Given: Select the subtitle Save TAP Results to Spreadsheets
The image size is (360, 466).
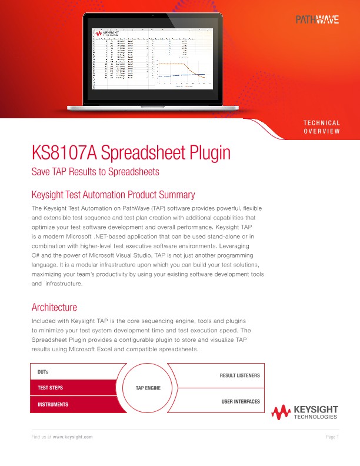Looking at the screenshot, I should pos(95,172).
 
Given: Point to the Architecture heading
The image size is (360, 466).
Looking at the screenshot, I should pos(54,307).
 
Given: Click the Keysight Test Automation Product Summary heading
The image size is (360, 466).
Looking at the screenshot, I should pos(112,195).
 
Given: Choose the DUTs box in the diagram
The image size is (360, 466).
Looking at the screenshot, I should pos(74,372).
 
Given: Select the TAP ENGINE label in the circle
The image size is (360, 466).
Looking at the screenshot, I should pos(148,388).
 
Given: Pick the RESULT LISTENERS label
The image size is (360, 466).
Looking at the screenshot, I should pos(239,375).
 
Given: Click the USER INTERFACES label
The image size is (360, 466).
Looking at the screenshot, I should pos(240,401).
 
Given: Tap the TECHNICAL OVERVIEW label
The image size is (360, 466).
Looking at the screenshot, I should pos(321,127).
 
